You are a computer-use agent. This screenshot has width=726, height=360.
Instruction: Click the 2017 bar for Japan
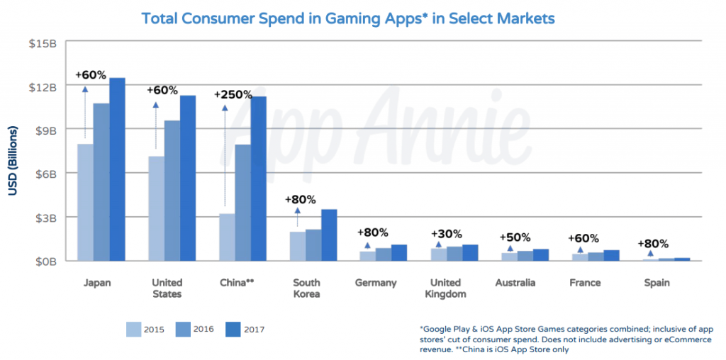point(117,170)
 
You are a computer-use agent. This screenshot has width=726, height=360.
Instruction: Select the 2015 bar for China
point(226,237)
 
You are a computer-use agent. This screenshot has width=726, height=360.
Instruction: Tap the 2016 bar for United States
point(172,191)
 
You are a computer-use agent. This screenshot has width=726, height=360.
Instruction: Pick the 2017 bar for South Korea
point(328,235)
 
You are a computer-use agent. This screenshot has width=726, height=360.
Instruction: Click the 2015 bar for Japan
point(85,203)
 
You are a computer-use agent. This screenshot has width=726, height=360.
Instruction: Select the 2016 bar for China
point(242,203)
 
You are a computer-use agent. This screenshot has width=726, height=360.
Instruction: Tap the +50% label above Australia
point(515,237)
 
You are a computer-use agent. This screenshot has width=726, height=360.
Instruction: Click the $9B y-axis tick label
point(44,130)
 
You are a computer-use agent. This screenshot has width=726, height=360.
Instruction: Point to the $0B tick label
point(44,261)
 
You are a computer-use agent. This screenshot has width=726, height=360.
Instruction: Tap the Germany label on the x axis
point(375,283)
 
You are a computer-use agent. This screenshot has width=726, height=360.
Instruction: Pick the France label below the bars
point(585,283)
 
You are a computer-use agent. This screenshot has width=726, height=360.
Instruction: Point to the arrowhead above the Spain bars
point(652,253)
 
